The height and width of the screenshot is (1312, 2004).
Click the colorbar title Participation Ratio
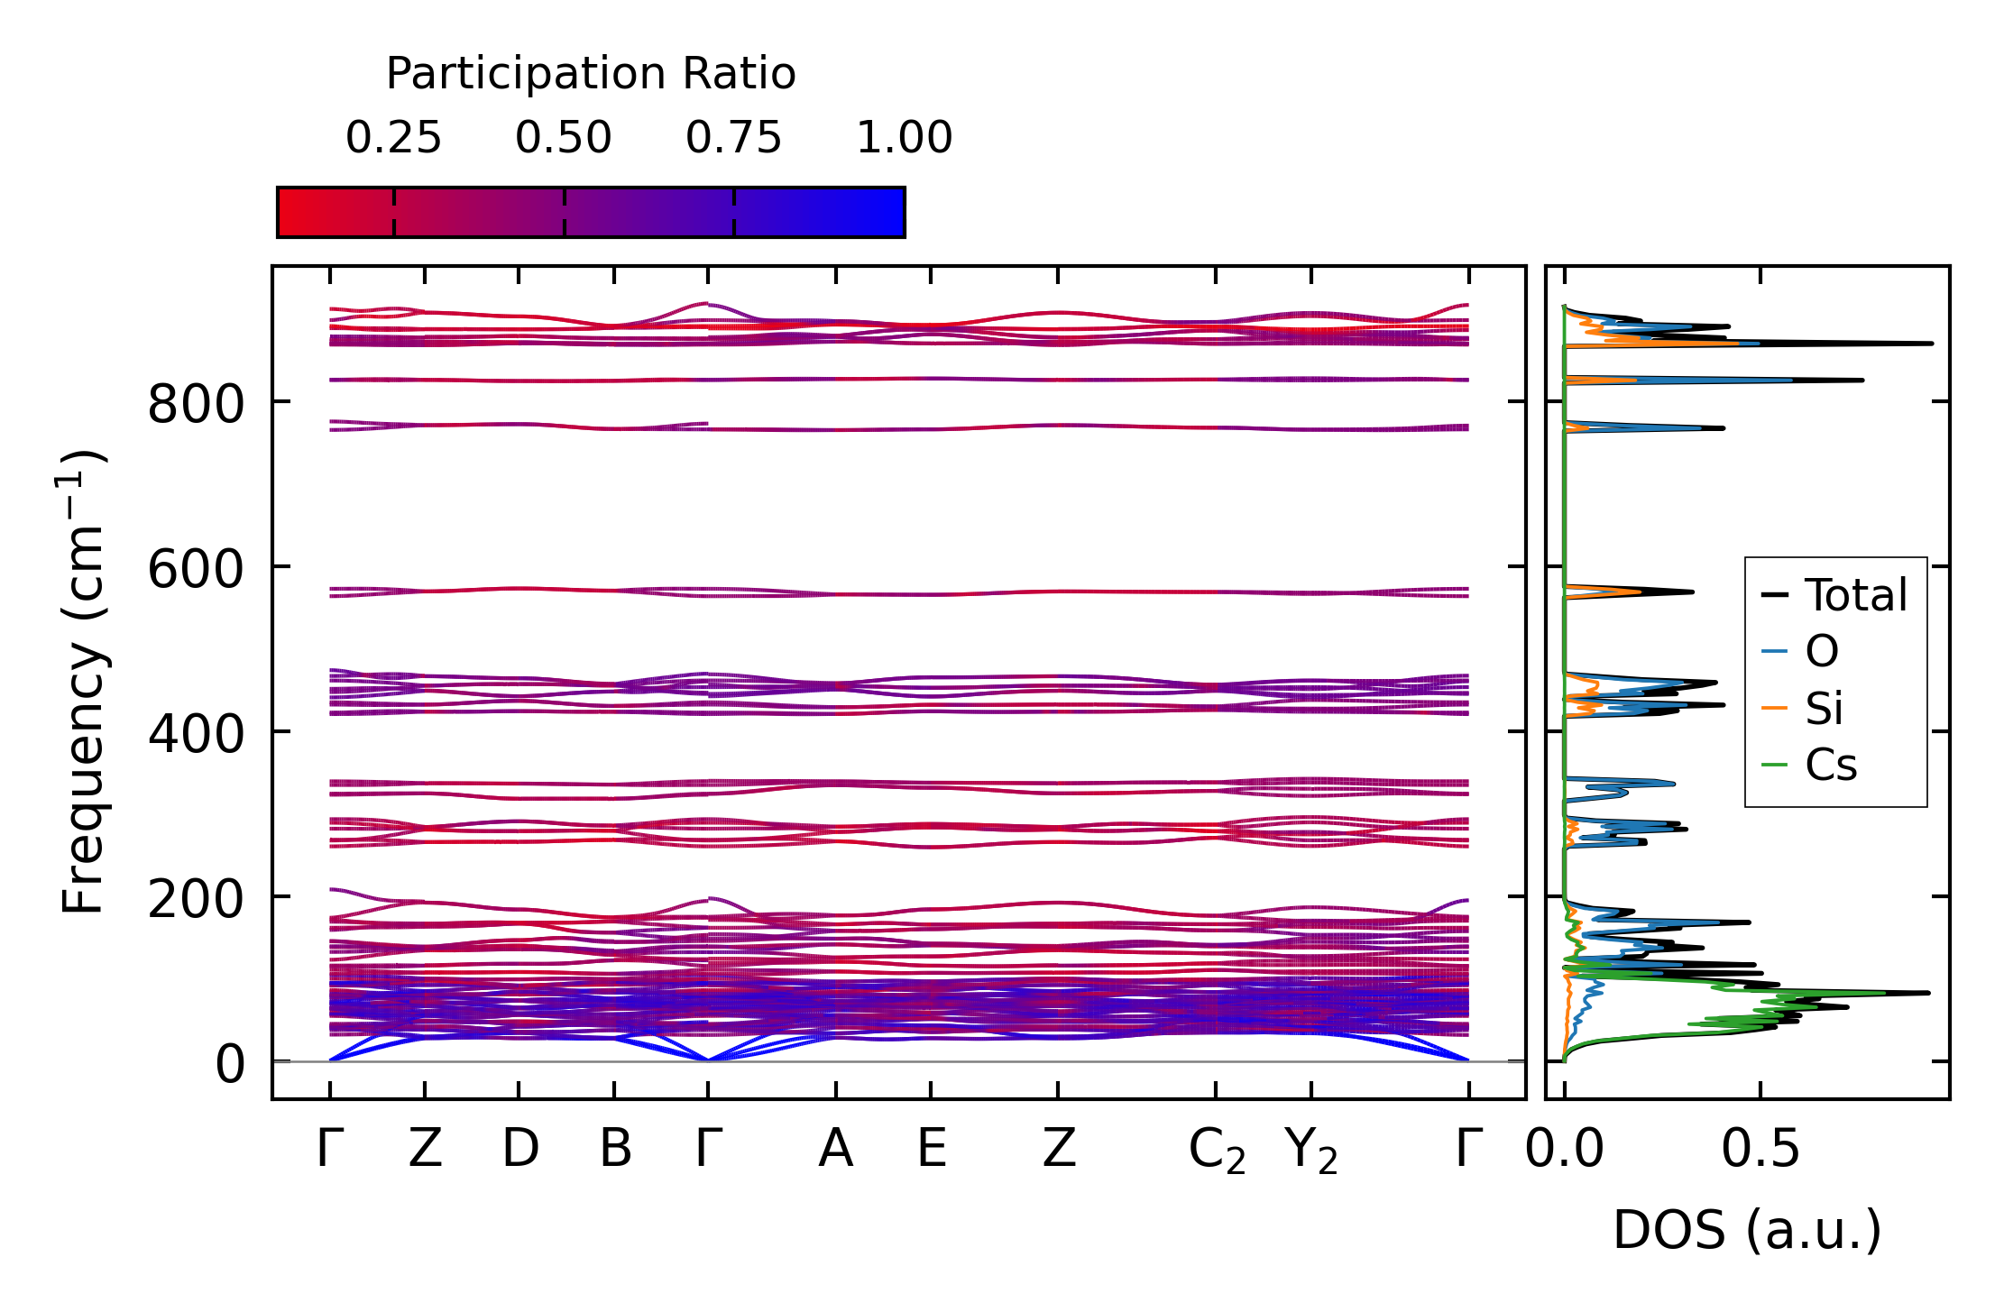click(591, 74)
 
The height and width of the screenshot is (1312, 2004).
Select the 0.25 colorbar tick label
click(393, 138)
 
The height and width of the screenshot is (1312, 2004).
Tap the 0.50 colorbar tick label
click(564, 138)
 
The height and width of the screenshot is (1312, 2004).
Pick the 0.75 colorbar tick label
click(733, 138)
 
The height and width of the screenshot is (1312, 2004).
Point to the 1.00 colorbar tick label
click(904, 138)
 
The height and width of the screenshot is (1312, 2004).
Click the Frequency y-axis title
click(84, 682)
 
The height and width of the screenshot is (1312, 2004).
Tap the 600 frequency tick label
click(196, 569)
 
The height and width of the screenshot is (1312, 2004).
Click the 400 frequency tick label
click(196, 734)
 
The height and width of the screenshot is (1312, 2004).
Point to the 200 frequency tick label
click(196, 899)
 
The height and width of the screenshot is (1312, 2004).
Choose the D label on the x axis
click(520, 1149)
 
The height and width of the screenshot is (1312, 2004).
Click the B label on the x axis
click(615, 1149)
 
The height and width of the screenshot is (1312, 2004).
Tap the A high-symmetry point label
click(836, 1149)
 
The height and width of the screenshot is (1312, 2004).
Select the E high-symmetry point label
click(932, 1149)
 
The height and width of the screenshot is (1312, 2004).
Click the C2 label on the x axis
click(1217, 1151)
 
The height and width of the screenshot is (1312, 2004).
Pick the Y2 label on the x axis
click(1311, 1151)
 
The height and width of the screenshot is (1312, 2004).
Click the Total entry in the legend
click(1855, 595)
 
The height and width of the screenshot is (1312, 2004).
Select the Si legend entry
click(1824, 709)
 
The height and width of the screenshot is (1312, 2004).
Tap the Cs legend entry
click(1830, 766)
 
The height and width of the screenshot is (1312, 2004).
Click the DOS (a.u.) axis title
click(1747, 1230)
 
